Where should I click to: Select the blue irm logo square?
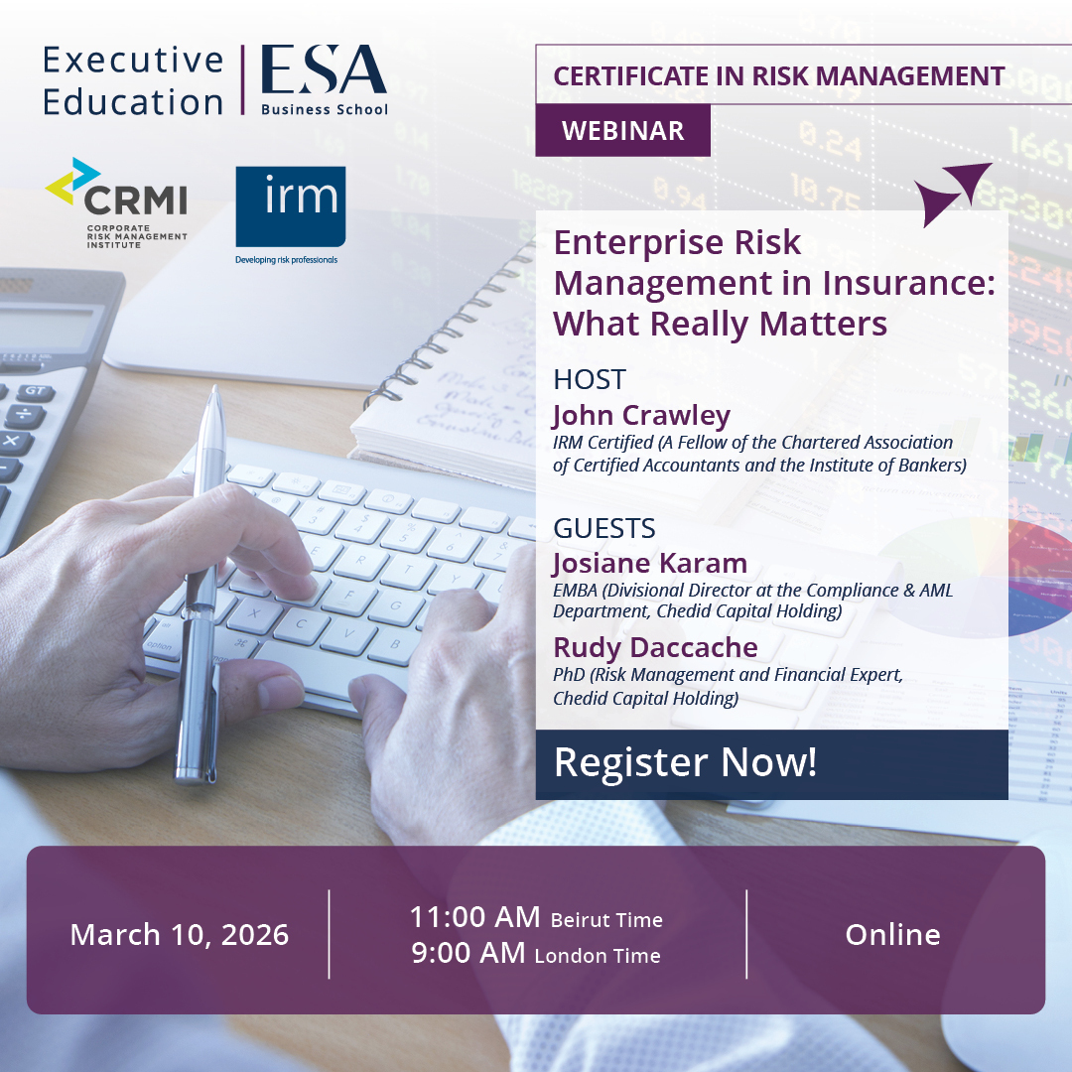coord(290,205)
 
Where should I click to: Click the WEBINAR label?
coord(622,130)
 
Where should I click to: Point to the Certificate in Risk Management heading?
coord(778,75)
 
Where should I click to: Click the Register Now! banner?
coord(685,762)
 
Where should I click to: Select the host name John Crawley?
coord(641,414)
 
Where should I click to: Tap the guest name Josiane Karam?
coord(650,563)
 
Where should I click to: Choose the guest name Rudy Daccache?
coord(655,647)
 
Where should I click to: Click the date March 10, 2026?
coord(180,934)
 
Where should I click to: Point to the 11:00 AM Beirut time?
coord(536,917)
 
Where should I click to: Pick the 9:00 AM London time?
coord(536,954)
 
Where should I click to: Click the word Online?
coord(892,934)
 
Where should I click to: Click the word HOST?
coord(590,379)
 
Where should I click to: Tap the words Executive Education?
coord(133,80)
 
